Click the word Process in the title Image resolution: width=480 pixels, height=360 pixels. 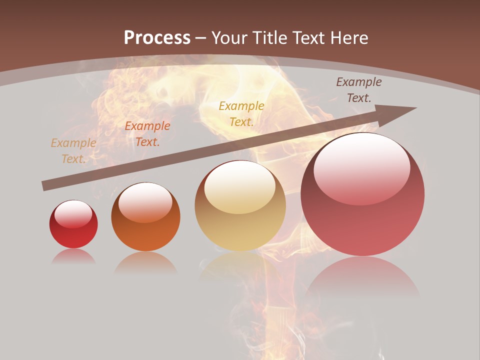[x=157, y=38]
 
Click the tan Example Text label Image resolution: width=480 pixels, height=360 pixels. [x=73, y=150]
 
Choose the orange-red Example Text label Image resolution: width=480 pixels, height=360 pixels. [x=147, y=133]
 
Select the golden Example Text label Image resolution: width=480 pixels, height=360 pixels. [x=241, y=113]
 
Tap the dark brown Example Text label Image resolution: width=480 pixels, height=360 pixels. [x=359, y=89]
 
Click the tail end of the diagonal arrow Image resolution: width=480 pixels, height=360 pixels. [x=45, y=186]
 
